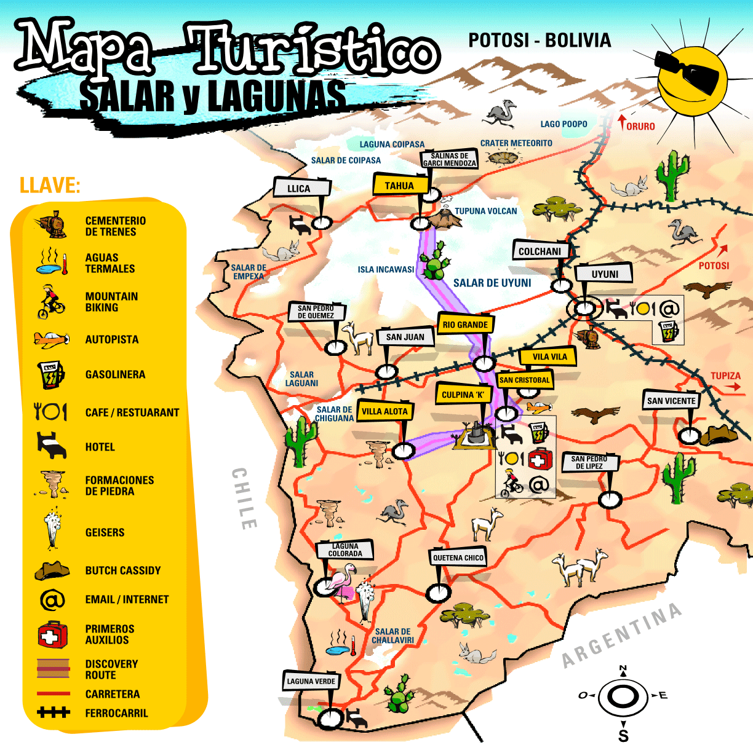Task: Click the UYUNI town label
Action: click(604, 274)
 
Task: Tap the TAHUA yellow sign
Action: click(400, 186)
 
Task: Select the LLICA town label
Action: click(300, 188)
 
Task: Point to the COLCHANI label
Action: click(539, 251)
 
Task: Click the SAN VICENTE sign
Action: click(671, 401)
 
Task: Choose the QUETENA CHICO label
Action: click(458, 558)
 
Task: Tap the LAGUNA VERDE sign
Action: click(311, 681)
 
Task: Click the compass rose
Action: click(623, 697)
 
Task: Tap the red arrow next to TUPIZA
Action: click(732, 387)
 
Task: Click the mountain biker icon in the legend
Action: click(50, 301)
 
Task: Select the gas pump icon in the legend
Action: click(50, 374)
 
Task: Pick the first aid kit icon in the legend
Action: click(52, 634)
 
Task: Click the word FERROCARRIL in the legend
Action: click(116, 713)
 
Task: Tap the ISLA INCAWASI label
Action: click(386, 269)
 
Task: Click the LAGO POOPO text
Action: click(564, 124)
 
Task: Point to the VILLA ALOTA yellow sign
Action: click(384, 411)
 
